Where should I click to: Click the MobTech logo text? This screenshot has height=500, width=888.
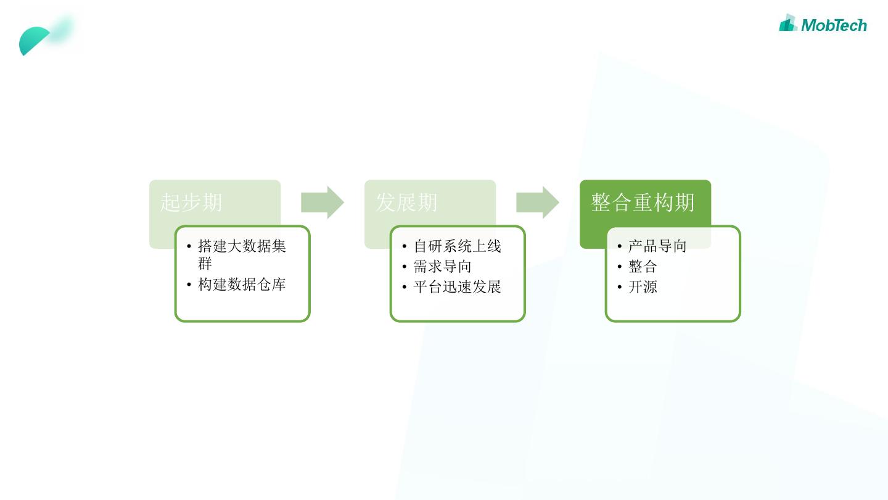(834, 25)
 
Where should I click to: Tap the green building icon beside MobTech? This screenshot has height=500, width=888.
(788, 23)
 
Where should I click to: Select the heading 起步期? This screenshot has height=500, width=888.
(191, 202)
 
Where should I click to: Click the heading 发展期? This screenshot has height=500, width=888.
(406, 202)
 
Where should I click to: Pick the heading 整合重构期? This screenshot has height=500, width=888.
(643, 202)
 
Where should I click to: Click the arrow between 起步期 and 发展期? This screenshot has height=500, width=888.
(322, 202)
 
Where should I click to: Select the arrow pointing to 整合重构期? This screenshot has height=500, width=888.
(537, 202)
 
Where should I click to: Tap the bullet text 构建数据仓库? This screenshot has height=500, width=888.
(242, 285)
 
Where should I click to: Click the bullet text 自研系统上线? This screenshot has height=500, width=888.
(457, 246)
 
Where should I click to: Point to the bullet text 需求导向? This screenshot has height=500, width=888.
(442, 267)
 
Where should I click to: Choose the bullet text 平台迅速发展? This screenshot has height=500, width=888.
(457, 287)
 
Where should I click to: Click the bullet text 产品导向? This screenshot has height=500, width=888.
(657, 246)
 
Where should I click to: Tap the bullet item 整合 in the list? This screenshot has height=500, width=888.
(643, 267)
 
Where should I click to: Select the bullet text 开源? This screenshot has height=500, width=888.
(643, 287)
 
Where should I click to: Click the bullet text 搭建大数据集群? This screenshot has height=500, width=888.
(242, 247)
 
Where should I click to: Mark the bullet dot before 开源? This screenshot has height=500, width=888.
(620, 288)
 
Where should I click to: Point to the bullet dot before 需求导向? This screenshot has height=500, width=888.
(405, 267)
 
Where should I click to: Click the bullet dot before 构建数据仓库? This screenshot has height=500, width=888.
(189, 285)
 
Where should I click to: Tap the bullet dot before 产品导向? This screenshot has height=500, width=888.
(620, 247)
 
